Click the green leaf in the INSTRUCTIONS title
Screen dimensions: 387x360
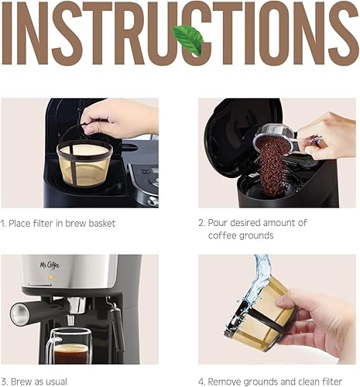pos(187,39)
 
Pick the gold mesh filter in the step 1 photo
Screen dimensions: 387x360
pos(84,163)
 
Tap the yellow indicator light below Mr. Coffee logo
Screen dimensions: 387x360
pos(51,277)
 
